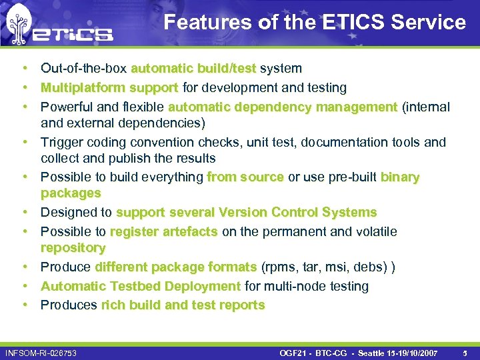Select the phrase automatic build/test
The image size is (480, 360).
(193, 69)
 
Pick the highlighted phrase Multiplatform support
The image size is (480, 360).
(109, 88)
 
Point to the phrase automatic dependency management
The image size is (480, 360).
(283, 107)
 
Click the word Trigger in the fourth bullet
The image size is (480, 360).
(61, 142)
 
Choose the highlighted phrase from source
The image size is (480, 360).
(245, 177)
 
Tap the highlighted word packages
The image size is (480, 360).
(71, 193)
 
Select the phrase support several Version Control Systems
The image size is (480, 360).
(246, 213)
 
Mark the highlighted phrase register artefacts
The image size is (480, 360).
(163, 232)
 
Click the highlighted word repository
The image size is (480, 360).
(73, 248)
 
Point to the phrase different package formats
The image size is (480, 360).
(176, 267)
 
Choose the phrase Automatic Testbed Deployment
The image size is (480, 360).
(141, 287)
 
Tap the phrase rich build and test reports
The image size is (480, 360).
(183, 305)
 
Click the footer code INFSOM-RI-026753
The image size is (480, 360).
(41, 351)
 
